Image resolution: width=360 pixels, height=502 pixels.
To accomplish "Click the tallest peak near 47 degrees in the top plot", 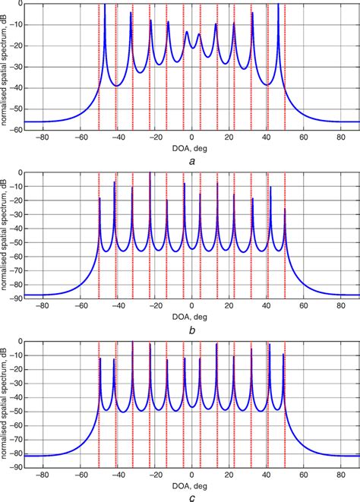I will (x=279, y=6).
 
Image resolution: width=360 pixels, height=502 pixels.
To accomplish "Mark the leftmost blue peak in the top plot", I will (x=105, y=6).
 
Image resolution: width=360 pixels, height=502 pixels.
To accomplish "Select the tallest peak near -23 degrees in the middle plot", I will (x=150, y=174).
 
